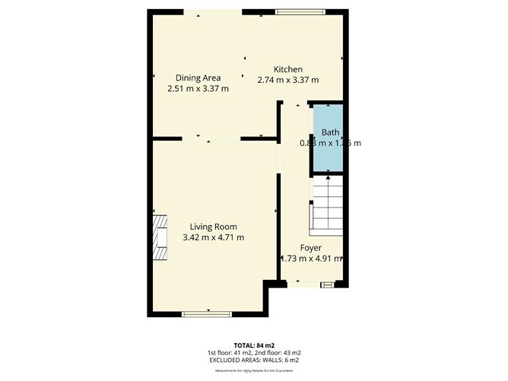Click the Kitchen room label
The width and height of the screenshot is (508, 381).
point(288,69)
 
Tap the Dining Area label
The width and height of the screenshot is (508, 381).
point(198,78)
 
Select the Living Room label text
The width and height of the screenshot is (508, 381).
point(214,227)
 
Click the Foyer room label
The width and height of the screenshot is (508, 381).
point(310,248)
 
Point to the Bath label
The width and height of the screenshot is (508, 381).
point(329,132)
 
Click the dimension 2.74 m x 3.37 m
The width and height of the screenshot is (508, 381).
point(288,80)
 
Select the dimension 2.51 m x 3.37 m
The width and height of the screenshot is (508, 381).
point(198,88)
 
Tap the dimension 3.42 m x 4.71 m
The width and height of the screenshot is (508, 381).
point(214,237)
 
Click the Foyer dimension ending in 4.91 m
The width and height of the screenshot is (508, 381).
point(311,259)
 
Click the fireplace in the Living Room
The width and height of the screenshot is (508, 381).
point(159,237)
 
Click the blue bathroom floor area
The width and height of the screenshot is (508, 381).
point(329,157)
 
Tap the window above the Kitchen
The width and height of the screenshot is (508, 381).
point(300,11)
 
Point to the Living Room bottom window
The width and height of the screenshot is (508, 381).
point(207,313)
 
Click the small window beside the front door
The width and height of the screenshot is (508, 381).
point(327,284)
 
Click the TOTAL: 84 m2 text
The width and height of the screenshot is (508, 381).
point(254,344)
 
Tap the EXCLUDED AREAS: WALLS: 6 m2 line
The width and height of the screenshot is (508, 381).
point(254,360)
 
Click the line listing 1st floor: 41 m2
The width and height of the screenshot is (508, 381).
point(254,352)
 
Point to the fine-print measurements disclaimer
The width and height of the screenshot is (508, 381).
point(254,370)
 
